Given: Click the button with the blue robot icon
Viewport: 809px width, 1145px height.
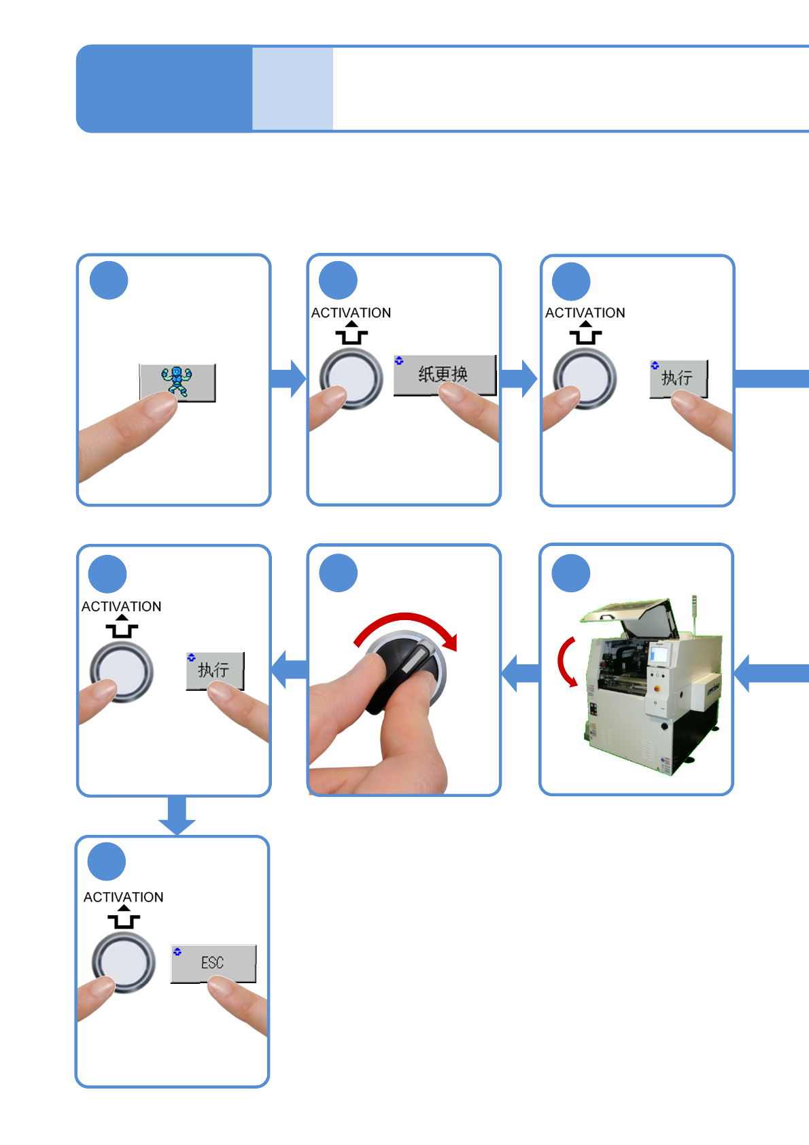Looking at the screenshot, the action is [177, 382].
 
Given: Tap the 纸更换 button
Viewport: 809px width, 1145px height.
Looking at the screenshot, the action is [445, 375].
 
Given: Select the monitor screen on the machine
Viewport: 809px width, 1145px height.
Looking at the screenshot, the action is [659, 655].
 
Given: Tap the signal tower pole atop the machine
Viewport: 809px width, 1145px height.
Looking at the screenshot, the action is [694, 615].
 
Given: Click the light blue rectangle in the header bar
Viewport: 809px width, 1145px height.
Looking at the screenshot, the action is [292, 88].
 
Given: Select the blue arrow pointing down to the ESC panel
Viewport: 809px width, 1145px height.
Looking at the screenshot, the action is [177, 815].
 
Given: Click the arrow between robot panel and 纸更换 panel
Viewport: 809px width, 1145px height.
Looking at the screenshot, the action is [288, 378].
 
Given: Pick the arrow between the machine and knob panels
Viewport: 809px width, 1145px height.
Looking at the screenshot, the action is [520, 673].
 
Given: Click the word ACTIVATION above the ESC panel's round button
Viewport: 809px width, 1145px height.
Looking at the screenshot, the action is [124, 897].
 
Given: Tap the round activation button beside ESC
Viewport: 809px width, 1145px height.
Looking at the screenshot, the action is [123, 963].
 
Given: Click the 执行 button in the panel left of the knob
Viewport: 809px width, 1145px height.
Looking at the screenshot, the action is [215, 670].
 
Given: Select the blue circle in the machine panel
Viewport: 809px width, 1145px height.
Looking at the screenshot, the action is [571, 573].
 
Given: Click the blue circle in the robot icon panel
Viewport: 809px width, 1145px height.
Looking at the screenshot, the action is [108, 280].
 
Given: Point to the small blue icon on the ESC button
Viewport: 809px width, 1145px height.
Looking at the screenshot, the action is [177, 951].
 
